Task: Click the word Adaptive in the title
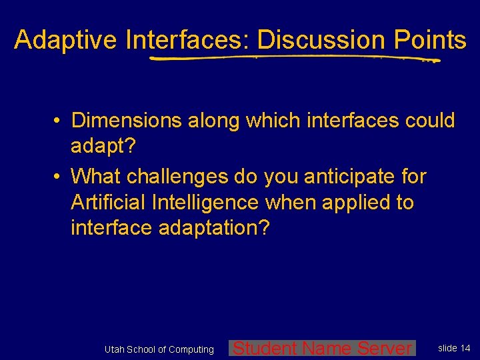tap(66, 40)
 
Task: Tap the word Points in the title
tap(429, 40)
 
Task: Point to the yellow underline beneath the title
tap(293, 59)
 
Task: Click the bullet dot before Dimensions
tap(59, 121)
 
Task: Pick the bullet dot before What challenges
tap(59, 177)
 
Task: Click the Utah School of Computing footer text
tap(159, 349)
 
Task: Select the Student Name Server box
tap(322, 348)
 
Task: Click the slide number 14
tap(465, 348)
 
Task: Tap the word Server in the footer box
tap(385, 348)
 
